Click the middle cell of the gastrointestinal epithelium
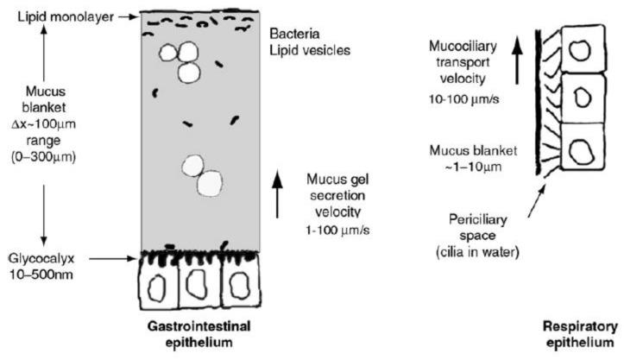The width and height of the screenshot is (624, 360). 200,286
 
